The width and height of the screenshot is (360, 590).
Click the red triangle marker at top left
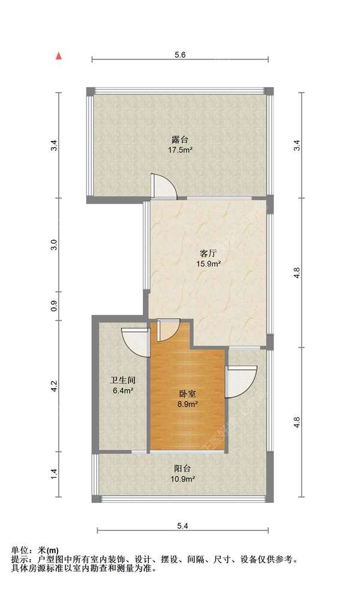pos(59,56)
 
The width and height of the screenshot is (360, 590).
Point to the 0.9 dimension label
pos(54,306)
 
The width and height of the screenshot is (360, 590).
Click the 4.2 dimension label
pos(54,387)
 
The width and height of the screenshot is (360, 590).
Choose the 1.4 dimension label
pos(54,474)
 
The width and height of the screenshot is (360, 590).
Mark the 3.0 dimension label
pos(54,245)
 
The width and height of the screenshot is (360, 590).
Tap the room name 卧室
pos(187,394)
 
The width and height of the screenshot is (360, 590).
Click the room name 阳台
pos(183,468)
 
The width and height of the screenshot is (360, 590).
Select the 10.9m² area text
pos(183,479)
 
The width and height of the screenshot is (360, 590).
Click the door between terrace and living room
pos(163,187)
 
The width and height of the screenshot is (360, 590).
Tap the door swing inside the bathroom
pos(136,342)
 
